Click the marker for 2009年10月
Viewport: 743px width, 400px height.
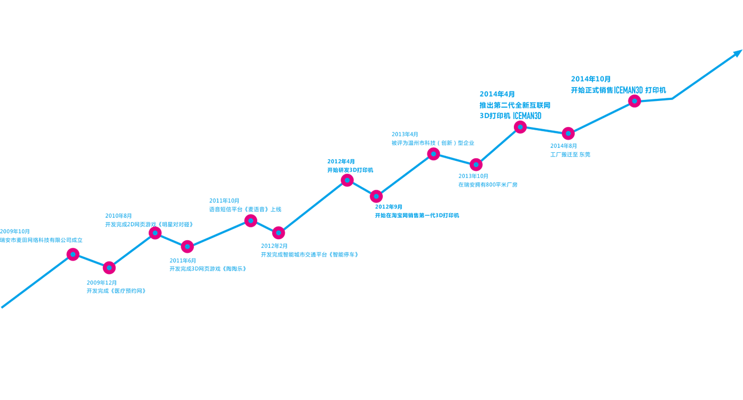[73, 254]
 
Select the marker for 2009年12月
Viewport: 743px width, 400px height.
[109, 268]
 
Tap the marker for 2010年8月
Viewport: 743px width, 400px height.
[155, 233]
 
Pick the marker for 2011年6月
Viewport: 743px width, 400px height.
[187, 247]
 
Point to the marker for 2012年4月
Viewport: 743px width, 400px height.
[347, 181]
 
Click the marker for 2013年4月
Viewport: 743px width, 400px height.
[433, 154]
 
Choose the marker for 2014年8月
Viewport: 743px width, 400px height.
[568, 134]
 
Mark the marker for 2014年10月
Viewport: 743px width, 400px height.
[635, 101]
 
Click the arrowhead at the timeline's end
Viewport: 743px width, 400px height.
[738, 53]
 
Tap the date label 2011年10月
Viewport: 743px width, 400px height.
[224, 200]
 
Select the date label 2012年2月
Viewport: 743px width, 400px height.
[274, 246]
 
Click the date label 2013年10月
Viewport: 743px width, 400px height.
[473, 176]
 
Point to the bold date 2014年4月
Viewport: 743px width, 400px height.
[497, 94]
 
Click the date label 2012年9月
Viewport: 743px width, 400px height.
[389, 207]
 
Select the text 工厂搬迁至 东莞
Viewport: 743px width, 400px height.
[570, 154]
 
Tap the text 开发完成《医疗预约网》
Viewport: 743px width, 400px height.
[116, 291]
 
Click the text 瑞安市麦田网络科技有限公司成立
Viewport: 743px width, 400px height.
[41, 240]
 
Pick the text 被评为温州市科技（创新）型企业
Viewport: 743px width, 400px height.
[433, 143]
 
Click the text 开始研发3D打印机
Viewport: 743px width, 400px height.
[350, 170]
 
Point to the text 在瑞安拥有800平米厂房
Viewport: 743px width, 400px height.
[488, 185]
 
